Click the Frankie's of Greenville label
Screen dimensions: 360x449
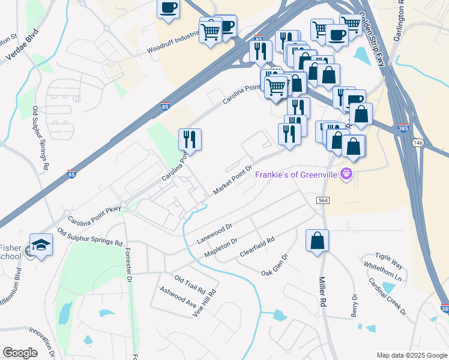coord(297,175)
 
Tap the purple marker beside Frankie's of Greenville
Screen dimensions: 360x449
coord(346,175)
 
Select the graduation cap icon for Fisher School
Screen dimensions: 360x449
coord(41,244)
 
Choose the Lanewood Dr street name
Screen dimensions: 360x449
coord(214,234)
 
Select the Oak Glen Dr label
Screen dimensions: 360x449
coord(275,265)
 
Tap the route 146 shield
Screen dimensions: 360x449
coord(418,143)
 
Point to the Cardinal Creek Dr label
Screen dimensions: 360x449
coord(387,296)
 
